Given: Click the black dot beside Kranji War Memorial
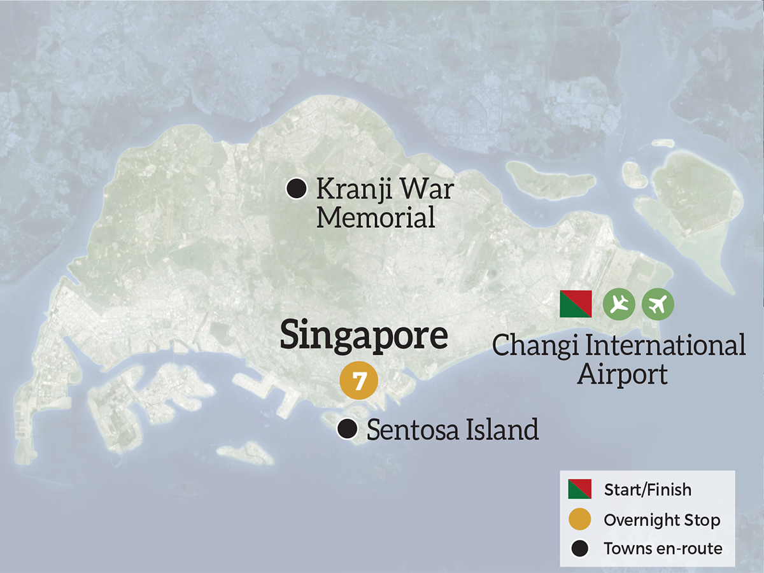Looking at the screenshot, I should pyautogui.click(x=296, y=188).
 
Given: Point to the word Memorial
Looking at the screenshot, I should pyautogui.click(x=376, y=218).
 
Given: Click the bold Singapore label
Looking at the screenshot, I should pyautogui.click(x=364, y=336).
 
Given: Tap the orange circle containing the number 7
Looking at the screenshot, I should pyautogui.click(x=359, y=381).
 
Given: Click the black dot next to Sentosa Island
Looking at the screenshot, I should pyautogui.click(x=347, y=428).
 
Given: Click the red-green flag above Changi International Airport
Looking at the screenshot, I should pyautogui.click(x=576, y=304).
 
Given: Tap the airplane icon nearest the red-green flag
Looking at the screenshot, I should pyautogui.click(x=619, y=304).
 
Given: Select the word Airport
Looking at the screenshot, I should pyautogui.click(x=622, y=374).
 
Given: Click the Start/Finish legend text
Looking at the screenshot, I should pyautogui.click(x=647, y=490).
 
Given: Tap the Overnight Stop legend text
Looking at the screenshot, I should pyautogui.click(x=661, y=520).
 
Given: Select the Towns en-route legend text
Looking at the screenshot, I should pyautogui.click(x=663, y=549).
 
